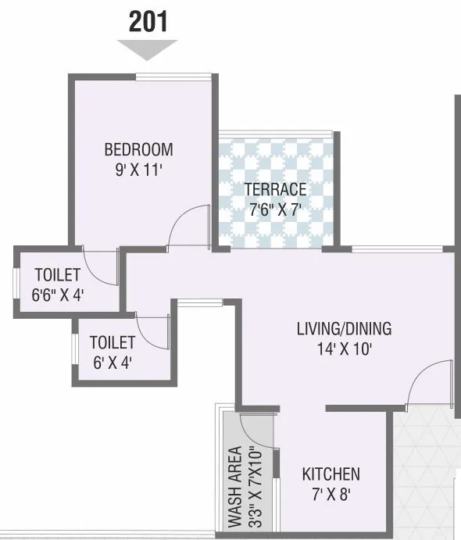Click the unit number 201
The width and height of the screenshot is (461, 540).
[148, 21]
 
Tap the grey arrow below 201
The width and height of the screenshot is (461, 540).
[148, 49]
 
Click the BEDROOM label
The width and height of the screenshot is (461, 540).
[138, 150]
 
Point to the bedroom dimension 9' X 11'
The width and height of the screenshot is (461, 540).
[138, 170]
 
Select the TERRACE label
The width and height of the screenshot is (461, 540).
[274, 189]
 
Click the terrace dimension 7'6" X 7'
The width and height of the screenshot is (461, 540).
[274, 209]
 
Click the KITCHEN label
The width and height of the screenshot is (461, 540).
[331, 474]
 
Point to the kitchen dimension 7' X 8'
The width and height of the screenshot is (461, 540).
[331, 494]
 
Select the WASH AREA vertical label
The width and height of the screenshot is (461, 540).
[234, 485]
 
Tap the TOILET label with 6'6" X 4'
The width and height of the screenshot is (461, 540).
[57, 275]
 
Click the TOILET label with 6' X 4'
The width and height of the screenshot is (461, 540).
[113, 342]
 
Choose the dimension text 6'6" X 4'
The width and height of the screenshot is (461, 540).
[57, 295]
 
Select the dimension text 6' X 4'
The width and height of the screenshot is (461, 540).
[113, 362]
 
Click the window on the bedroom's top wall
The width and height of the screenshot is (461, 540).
[173, 76]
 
